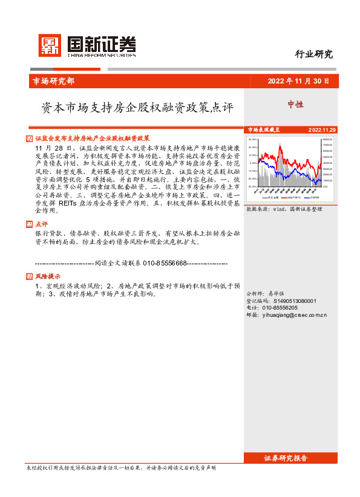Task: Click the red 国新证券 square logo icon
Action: (x=50, y=45)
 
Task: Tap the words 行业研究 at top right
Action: (x=313, y=54)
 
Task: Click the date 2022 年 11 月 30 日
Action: (x=298, y=81)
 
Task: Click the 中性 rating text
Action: (x=295, y=105)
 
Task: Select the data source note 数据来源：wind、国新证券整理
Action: (x=284, y=209)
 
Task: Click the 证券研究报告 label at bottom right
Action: (x=294, y=458)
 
